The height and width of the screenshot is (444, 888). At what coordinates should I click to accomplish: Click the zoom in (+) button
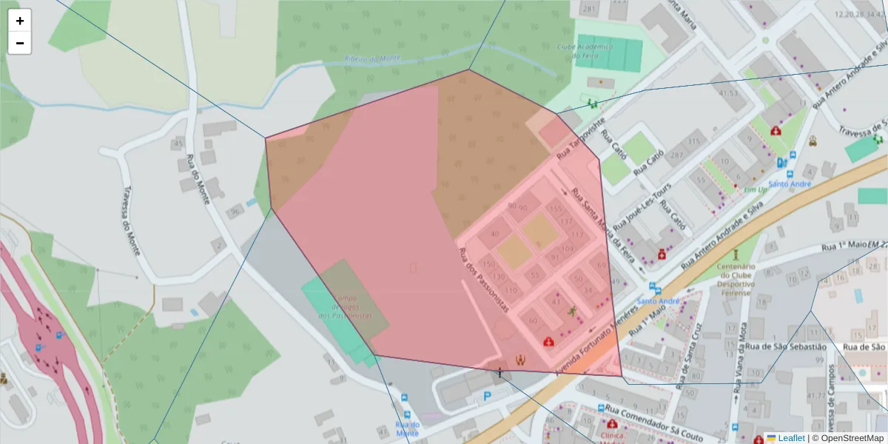point(20,21)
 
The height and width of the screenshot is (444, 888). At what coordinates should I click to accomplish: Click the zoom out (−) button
point(20,43)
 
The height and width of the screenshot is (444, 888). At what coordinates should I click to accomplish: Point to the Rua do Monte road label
point(198,178)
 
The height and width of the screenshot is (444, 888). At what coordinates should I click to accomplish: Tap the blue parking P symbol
point(487,397)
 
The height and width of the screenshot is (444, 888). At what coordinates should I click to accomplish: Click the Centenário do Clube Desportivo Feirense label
point(736,280)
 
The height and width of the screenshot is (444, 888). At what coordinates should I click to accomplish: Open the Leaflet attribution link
point(791,438)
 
